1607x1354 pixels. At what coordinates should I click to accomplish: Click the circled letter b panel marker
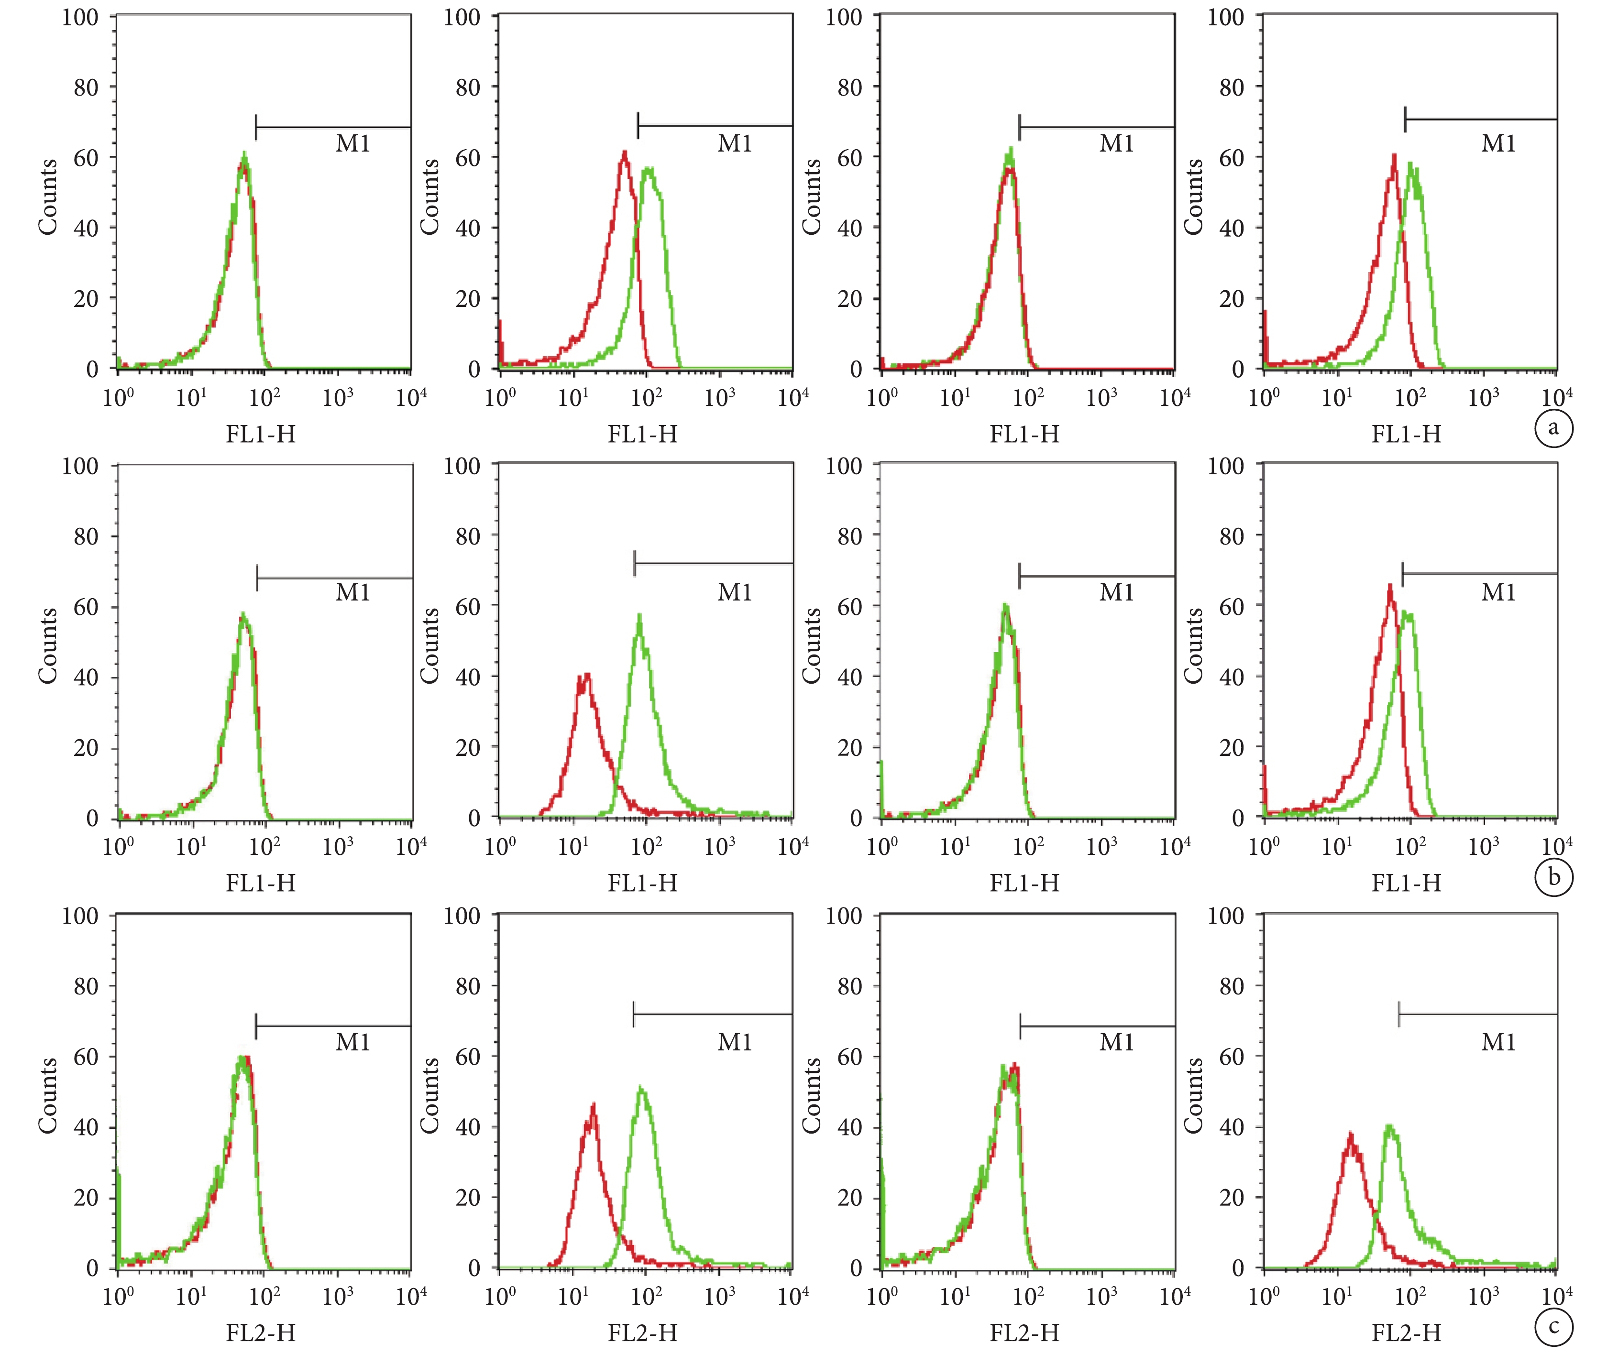[1553, 876]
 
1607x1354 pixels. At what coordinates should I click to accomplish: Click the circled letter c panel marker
[1553, 1326]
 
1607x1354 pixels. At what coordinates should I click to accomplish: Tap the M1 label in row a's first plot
[353, 143]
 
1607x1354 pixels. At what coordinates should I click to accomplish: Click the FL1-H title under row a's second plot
[643, 435]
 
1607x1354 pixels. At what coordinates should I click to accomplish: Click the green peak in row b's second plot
[639, 616]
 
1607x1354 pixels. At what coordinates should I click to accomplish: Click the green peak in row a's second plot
[649, 169]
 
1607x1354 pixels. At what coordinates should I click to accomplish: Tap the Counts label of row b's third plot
[812, 645]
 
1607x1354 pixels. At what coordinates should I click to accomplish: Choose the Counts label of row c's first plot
[48, 1095]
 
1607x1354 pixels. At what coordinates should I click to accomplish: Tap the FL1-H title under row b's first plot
[260, 884]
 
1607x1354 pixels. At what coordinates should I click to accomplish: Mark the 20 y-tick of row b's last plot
[1231, 748]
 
